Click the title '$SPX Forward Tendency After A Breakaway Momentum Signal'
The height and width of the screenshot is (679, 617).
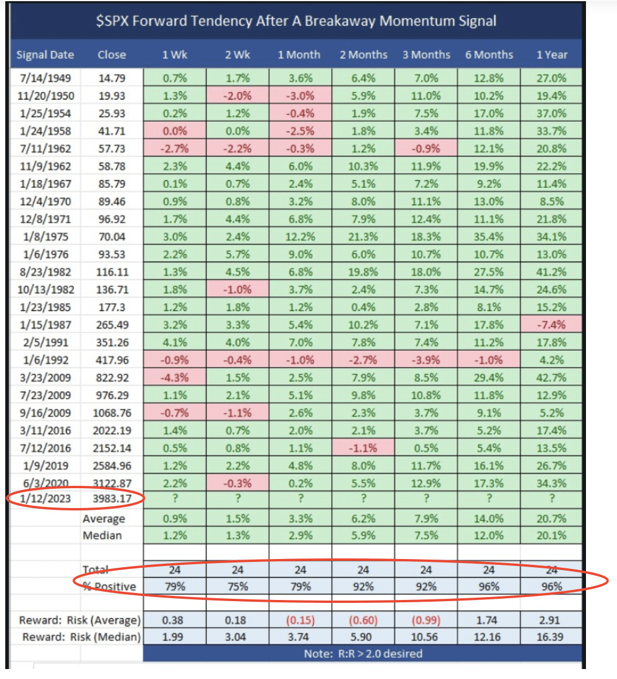(296, 22)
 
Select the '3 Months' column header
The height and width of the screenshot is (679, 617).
(426, 55)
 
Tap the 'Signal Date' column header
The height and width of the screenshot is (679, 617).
(45, 55)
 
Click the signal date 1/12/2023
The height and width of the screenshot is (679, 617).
(45, 499)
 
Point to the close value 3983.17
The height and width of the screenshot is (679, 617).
(112, 499)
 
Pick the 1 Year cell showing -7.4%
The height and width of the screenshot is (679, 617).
(551, 325)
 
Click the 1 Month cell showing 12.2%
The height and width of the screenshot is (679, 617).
(300, 237)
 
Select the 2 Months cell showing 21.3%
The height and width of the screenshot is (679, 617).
(363, 237)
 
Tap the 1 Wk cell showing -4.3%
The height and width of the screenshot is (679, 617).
(174, 378)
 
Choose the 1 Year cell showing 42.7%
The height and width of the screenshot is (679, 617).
(551, 378)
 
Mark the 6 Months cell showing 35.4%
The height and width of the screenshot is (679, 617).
(488, 237)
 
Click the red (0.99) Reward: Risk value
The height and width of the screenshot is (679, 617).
(426, 620)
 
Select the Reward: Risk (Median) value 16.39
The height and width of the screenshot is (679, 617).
(551, 636)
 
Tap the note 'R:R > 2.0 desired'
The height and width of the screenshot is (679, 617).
(363, 653)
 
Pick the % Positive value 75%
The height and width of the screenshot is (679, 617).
(236, 586)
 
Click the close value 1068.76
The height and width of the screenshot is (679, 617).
(112, 413)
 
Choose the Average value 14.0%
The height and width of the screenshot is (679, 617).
(488, 519)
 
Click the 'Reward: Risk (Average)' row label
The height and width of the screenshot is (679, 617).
(80, 620)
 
